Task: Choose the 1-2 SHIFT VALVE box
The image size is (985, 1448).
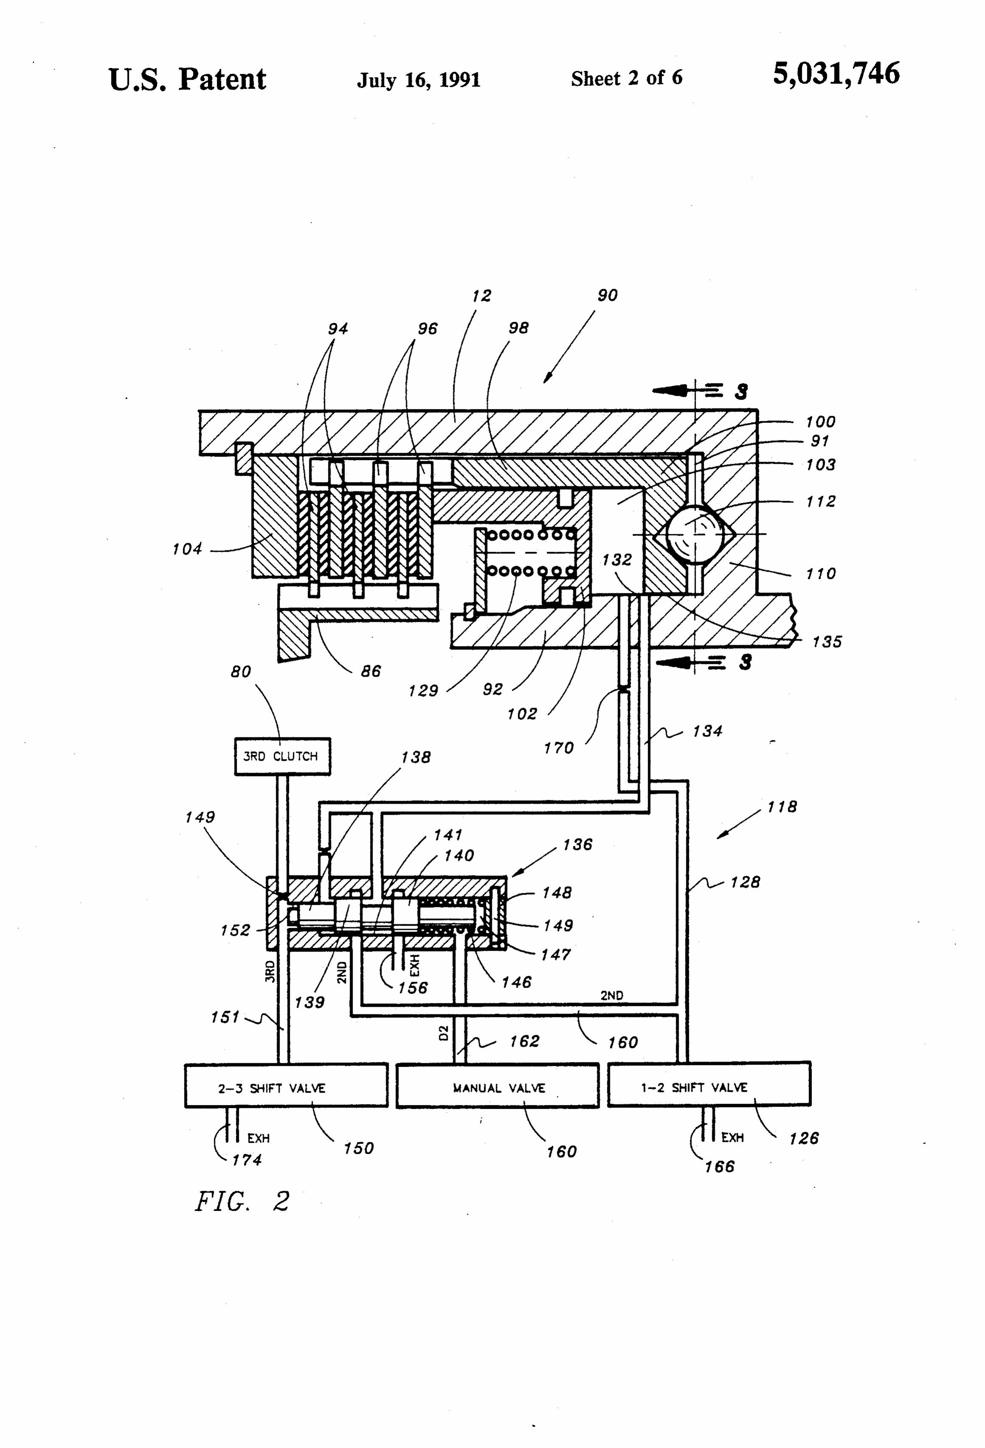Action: (709, 1084)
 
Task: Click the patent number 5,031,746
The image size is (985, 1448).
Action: (836, 73)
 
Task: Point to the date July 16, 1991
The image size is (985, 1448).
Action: (418, 80)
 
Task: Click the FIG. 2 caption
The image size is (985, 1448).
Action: (243, 1201)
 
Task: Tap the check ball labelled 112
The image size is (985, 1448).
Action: (691, 534)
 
